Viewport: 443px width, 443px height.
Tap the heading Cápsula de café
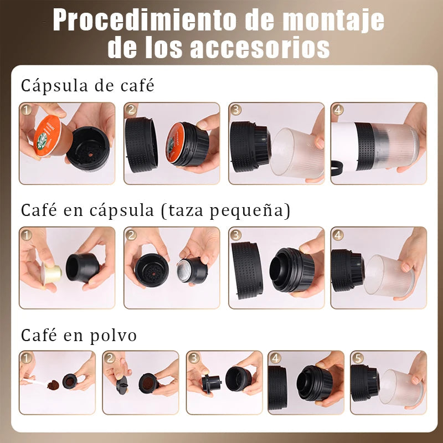[x=87, y=86]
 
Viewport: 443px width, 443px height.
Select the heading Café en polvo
[x=79, y=336]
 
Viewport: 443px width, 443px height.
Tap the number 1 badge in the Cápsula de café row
[x=26, y=110]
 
